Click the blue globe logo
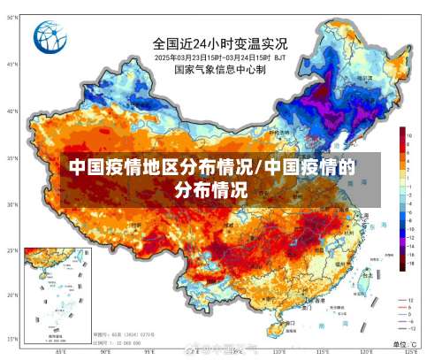click(50, 37)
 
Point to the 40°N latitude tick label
click(11, 111)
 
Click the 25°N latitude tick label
click(11, 250)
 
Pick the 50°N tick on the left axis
click(11, 19)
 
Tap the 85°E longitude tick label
click(60, 351)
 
